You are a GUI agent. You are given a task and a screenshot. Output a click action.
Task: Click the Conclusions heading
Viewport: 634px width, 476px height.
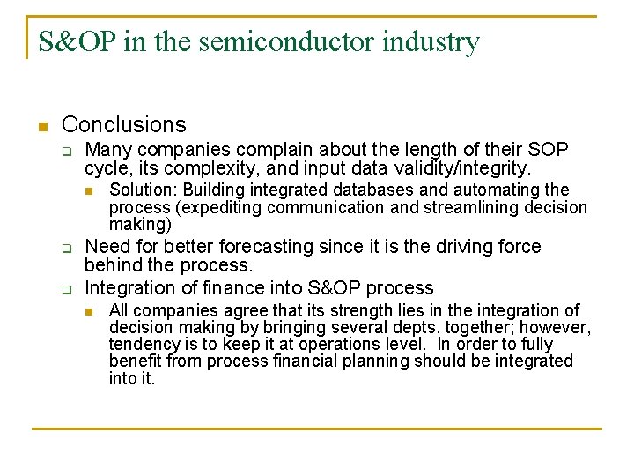124,125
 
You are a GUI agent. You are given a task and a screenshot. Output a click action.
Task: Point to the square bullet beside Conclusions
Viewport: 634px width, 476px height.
40,126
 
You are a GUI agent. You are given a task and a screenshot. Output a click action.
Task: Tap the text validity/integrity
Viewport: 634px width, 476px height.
459,167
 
